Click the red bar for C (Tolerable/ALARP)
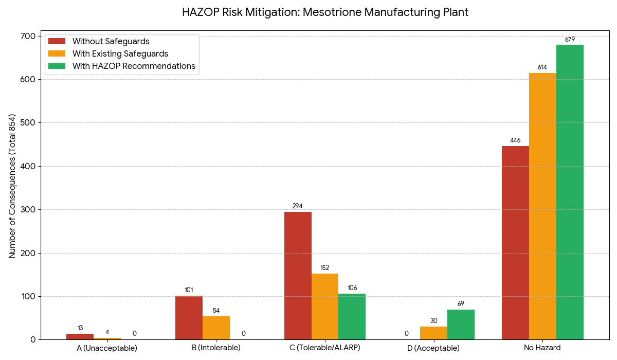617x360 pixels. pos(298,276)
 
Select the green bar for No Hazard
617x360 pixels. pos(570,192)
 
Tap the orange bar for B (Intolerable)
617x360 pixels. pos(216,328)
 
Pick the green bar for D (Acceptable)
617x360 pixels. pos(461,325)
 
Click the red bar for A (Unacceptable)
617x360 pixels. pos(80,336)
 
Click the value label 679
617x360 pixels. pos(570,40)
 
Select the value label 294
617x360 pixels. pos(298,206)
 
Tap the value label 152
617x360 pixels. pos(325,268)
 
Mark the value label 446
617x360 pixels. pos(515,140)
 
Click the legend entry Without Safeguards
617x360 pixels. pos(111,41)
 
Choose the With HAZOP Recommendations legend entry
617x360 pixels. pos(134,66)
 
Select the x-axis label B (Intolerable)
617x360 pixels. pos(216,348)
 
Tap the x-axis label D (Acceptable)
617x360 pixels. pos(433,348)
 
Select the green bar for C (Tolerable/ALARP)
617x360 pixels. pos(352,316)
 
